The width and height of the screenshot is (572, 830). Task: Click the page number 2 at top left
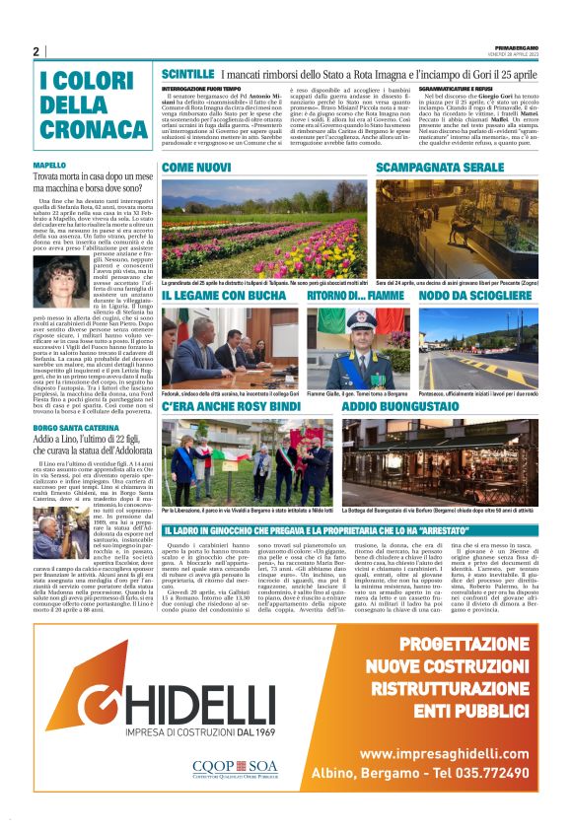click(x=36, y=51)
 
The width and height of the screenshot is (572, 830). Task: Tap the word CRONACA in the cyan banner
click(x=88, y=128)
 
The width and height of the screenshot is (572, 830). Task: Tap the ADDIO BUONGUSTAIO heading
click(x=400, y=406)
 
